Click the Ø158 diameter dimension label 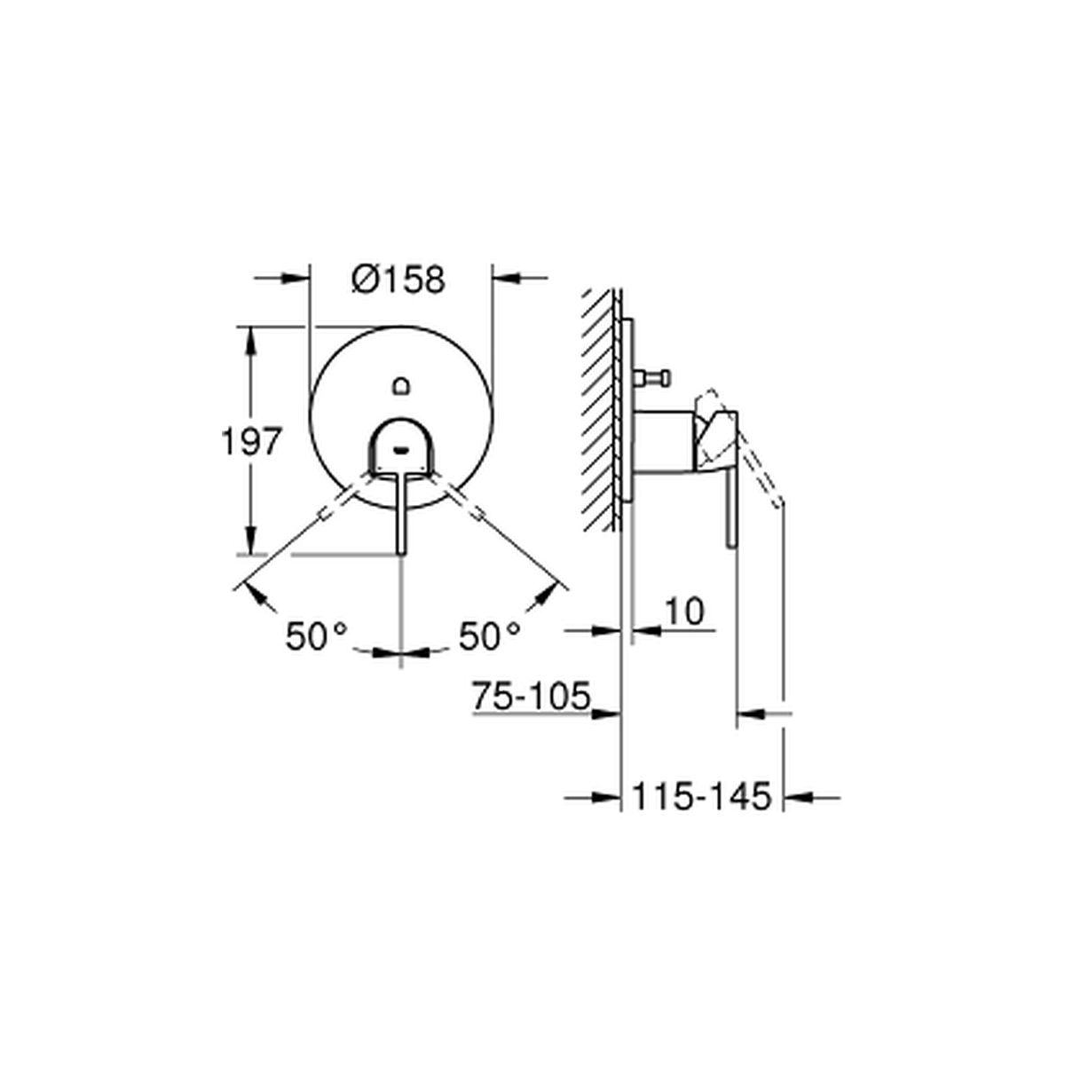(x=398, y=280)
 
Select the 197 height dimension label (x=251, y=442)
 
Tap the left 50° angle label (x=316, y=636)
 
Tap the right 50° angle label (x=489, y=636)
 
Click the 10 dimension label (x=684, y=611)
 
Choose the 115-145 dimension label (x=701, y=797)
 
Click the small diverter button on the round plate (x=401, y=386)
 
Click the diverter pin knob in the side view (x=652, y=378)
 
